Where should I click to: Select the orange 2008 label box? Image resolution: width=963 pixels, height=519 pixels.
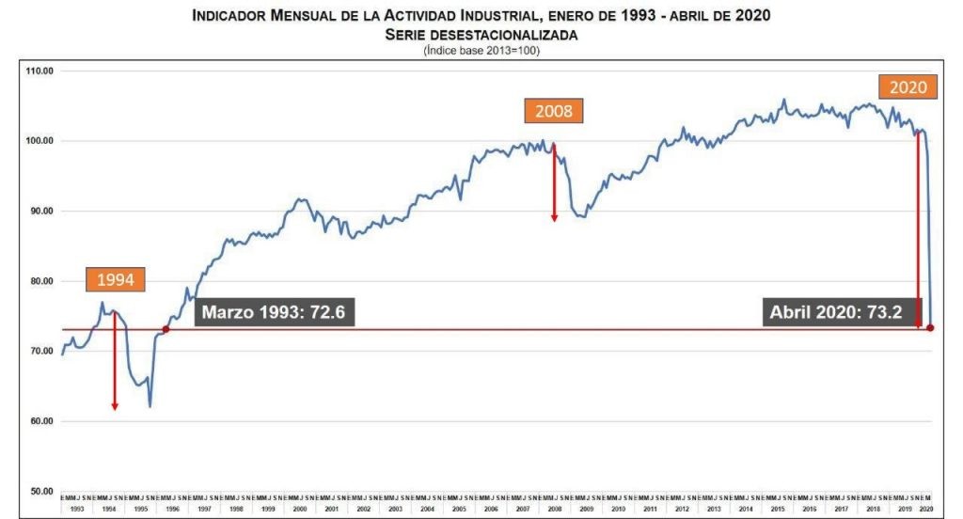point(554,111)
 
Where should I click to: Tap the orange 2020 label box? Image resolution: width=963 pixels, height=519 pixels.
point(908,87)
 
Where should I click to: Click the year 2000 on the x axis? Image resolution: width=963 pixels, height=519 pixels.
point(300,509)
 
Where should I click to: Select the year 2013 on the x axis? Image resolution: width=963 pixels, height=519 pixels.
point(714,509)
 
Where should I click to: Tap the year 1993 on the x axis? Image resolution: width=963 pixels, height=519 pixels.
point(77,509)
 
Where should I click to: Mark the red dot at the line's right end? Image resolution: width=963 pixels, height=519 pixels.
point(930,327)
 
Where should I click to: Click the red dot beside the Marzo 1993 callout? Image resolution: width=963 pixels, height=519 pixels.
point(166,329)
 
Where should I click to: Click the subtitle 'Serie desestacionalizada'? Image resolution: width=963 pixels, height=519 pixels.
point(481,34)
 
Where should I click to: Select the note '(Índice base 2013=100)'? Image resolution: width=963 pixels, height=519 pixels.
point(481,50)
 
